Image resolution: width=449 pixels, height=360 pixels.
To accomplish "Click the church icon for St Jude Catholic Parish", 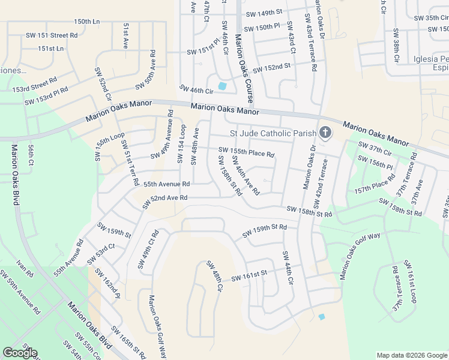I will [325, 133].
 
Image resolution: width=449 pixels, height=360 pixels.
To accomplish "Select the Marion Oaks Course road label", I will [244, 68].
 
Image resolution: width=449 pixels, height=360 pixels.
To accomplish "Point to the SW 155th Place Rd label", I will [246, 152].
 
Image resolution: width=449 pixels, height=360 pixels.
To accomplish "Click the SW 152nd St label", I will [271, 68].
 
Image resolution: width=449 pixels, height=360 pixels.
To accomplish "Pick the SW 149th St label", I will [263, 13].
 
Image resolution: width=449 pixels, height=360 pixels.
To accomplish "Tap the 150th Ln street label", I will [87, 22].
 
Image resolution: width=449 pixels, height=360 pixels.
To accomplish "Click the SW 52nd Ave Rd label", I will [165, 201].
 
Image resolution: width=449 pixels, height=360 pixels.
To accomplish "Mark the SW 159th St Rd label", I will [265, 231].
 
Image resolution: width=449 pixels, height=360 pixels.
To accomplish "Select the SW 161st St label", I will [248, 275].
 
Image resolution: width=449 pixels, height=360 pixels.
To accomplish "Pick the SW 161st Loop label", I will [411, 281].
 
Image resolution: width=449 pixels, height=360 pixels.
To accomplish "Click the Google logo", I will [20, 353].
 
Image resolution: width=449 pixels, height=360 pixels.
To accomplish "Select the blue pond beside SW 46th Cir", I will [223, 86].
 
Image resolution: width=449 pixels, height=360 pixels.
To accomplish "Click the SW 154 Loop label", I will [181, 145].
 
